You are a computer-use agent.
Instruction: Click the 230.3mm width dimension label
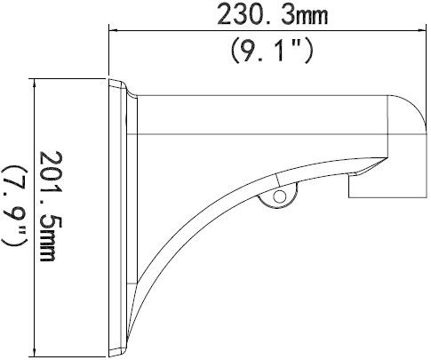tap(266, 15)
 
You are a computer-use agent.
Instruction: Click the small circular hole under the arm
tap(279, 196)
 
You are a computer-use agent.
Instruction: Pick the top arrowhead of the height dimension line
tap(34, 83)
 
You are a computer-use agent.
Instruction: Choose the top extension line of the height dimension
tap(71, 79)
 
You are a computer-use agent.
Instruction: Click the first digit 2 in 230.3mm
tap(225, 15)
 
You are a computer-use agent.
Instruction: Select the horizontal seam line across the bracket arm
tap(267, 133)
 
